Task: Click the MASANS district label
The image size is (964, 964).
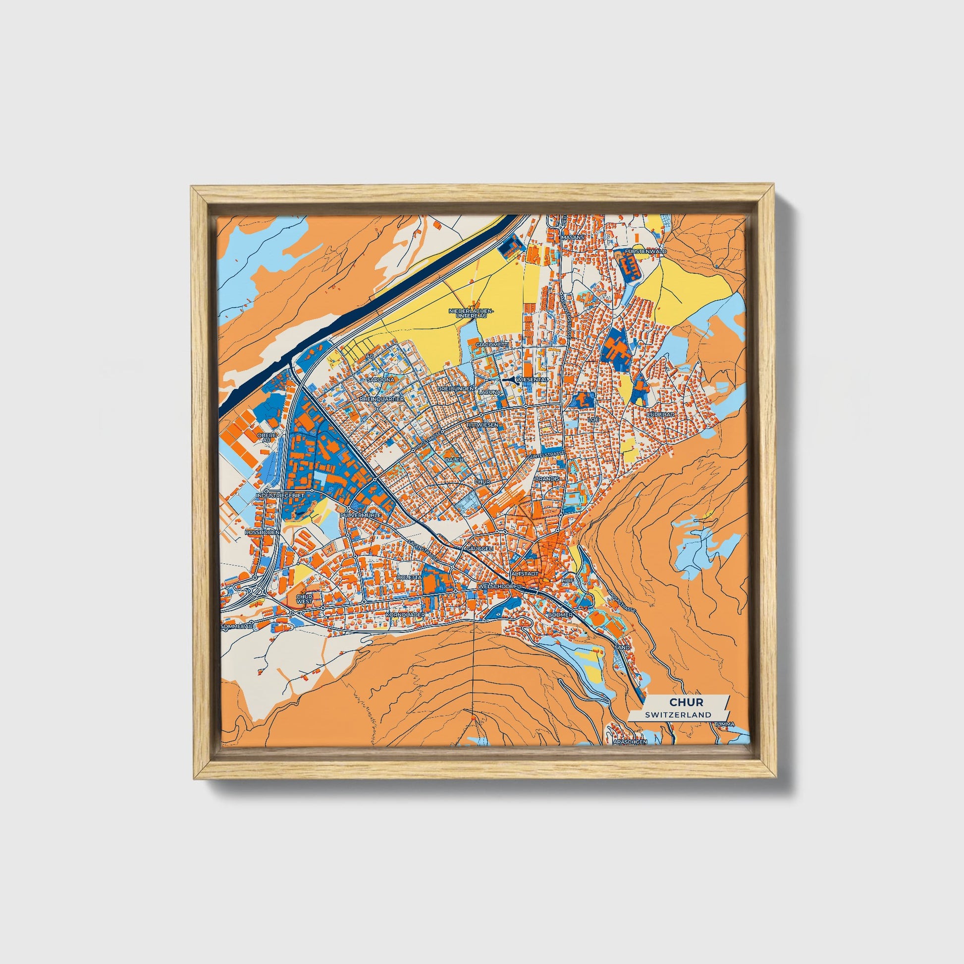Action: [x=572, y=238]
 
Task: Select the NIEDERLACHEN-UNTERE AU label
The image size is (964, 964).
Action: [x=471, y=313]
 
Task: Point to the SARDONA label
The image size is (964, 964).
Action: [x=381, y=380]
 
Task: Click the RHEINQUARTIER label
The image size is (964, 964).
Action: [x=382, y=400]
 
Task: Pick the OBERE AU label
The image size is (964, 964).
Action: [x=267, y=437]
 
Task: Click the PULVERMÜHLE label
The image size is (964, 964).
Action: [x=360, y=514]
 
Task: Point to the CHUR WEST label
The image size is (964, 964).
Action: [x=304, y=599]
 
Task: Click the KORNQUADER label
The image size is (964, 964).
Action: [x=405, y=615]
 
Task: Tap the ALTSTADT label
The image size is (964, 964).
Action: [x=525, y=574]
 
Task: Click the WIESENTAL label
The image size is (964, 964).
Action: [x=533, y=380]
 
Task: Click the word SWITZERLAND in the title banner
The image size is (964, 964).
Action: [x=678, y=714]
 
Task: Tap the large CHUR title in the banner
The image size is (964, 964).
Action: [x=686, y=702]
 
